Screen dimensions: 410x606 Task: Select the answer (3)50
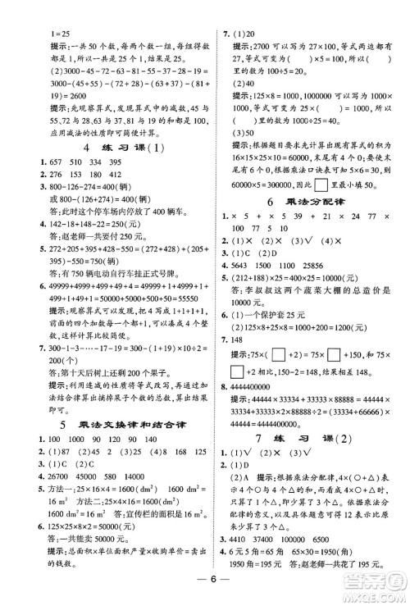coord(247,131)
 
